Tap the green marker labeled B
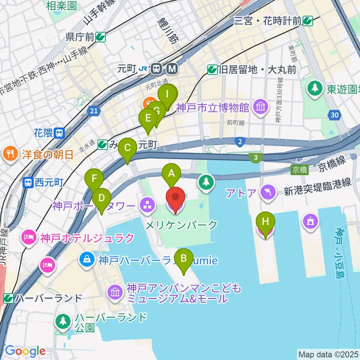point(184,258)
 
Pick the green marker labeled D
point(101,197)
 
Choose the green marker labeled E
point(148,118)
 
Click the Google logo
point(25,351)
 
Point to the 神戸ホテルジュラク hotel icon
point(30,237)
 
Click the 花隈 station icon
point(59,132)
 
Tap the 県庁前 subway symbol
point(100,36)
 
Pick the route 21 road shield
point(94,111)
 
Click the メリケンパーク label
point(181,225)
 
